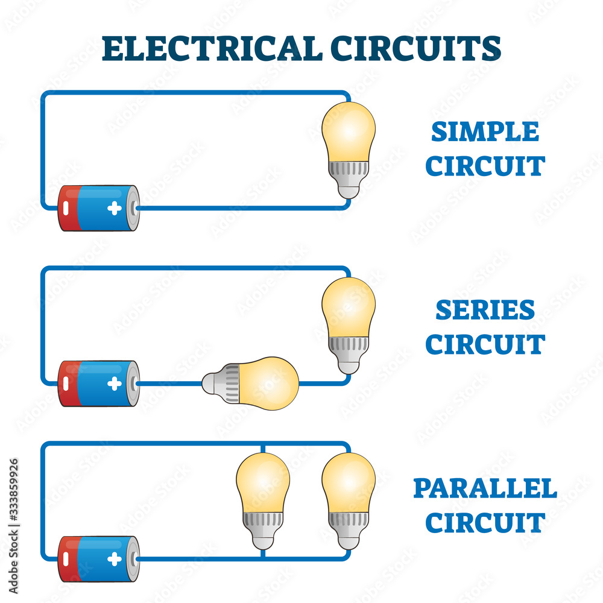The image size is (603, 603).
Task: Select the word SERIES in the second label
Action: (485, 310)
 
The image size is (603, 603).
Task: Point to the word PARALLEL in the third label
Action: (485, 488)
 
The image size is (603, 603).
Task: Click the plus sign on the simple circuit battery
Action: (114, 209)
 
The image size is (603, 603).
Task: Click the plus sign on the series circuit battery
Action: (114, 384)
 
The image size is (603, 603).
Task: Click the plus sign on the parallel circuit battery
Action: (114, 559)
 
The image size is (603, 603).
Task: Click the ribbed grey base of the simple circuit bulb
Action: (349, 172)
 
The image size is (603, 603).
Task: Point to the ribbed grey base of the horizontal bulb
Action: (229, 383)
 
